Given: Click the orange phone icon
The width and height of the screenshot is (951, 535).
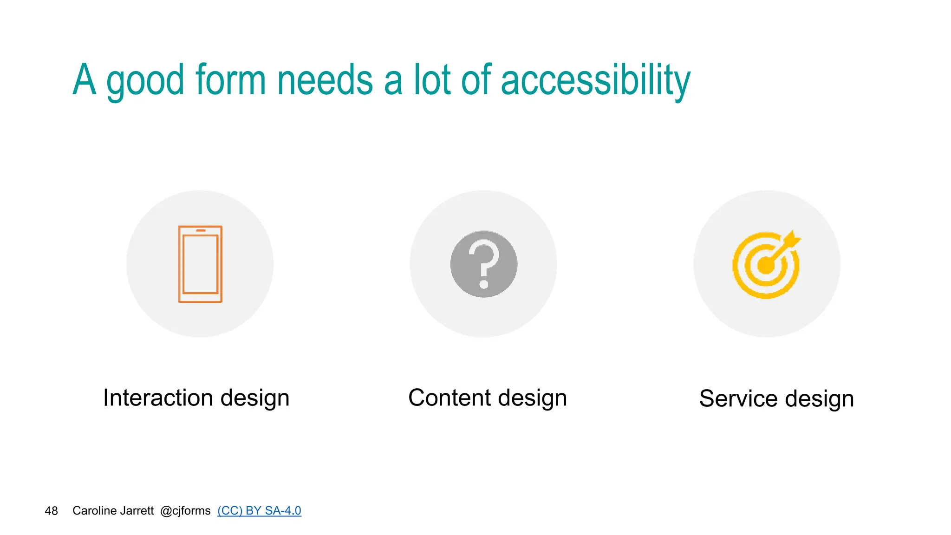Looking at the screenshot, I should click(x=200, y=264).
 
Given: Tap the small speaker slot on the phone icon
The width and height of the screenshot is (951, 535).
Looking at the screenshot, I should click(x=201, y=230).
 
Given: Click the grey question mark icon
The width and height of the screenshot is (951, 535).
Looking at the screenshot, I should click(x=483, y=264).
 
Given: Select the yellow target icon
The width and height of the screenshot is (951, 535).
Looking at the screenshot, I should click(x=765, y=265).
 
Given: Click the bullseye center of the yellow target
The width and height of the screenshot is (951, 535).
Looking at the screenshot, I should click(x=765, y=266).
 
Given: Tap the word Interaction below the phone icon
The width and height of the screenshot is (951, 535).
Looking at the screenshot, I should click(x=158, y=398).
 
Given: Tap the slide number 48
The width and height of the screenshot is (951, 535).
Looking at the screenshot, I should click(x=51, y=511).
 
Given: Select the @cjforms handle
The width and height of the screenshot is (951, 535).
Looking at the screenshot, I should click(x=185, y=510).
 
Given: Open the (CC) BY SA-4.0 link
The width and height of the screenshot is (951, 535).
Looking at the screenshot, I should click(x=259, y=510).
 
